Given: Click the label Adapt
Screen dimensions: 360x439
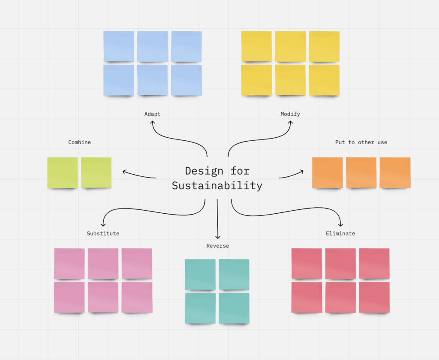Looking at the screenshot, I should [x=152, y=114].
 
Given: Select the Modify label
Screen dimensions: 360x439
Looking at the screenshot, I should [x=290, y=114].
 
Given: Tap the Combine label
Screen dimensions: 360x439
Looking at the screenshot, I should [x=79, y=142].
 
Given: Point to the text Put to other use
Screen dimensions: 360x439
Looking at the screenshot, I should [x=361, y=142].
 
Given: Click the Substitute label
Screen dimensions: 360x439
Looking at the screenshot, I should [x=103, y=234].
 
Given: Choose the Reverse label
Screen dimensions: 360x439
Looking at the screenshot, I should [x=217, y=246].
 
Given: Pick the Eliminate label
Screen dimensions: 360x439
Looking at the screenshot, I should [x=340, y=234].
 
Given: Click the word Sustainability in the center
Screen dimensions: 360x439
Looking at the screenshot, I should [x=217, y=186].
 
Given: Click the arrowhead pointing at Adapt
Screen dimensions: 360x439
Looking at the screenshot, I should [x=153, y=122].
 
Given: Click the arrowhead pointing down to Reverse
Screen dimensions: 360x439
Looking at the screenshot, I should [x=217, y=236].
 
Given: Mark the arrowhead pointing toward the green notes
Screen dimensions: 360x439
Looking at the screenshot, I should [x=124, y=172].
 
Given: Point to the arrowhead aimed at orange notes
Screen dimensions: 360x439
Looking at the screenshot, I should [x=301, y=172].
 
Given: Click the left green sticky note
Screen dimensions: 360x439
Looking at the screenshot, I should [x=63, y=172].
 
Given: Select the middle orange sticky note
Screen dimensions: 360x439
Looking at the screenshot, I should [x=361, y=172].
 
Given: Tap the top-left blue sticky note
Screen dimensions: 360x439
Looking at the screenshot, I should [x=119, y=46].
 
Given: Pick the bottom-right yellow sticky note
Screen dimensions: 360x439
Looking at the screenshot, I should [x=324, y=80].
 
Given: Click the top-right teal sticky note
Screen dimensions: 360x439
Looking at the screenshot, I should [x=234, y=274].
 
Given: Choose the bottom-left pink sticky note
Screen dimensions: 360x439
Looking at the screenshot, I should [x=69, y=297].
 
